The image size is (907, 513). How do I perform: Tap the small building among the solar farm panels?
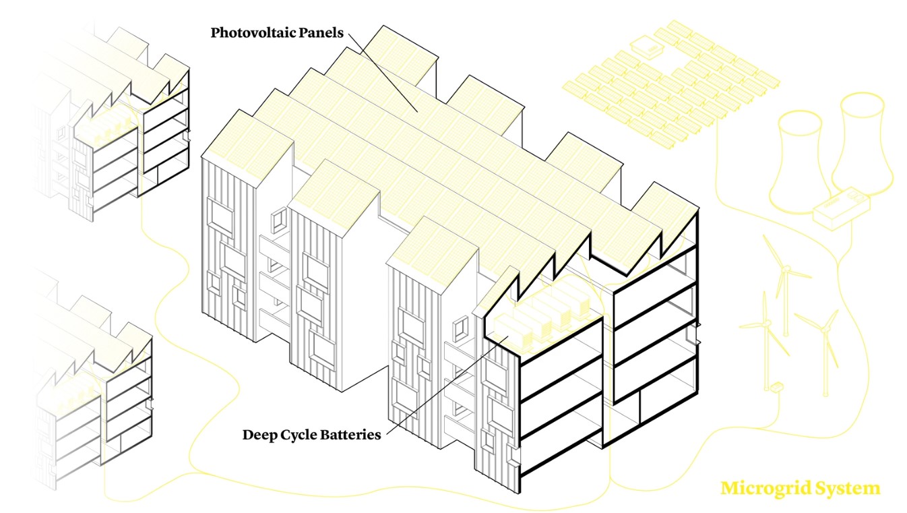point(647,47)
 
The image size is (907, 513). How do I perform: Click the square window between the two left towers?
point(276,221)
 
